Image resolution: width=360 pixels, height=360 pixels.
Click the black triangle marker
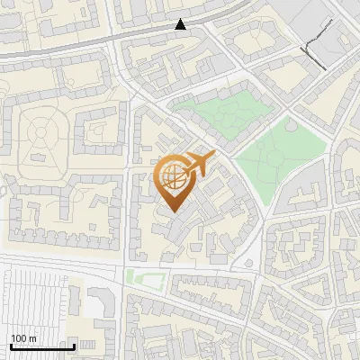[x=181, y=24]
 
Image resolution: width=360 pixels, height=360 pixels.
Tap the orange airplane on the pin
[x=200, y=165]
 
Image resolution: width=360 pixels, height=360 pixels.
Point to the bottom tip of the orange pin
[x=172, y=212]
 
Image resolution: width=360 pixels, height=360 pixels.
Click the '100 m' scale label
[x=23, y=338]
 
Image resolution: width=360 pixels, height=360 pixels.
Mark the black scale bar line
[x=42, y=346]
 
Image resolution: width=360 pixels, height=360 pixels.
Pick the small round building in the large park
[x=290, y=125]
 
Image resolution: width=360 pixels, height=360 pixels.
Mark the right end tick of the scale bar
[x=74, y=346]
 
